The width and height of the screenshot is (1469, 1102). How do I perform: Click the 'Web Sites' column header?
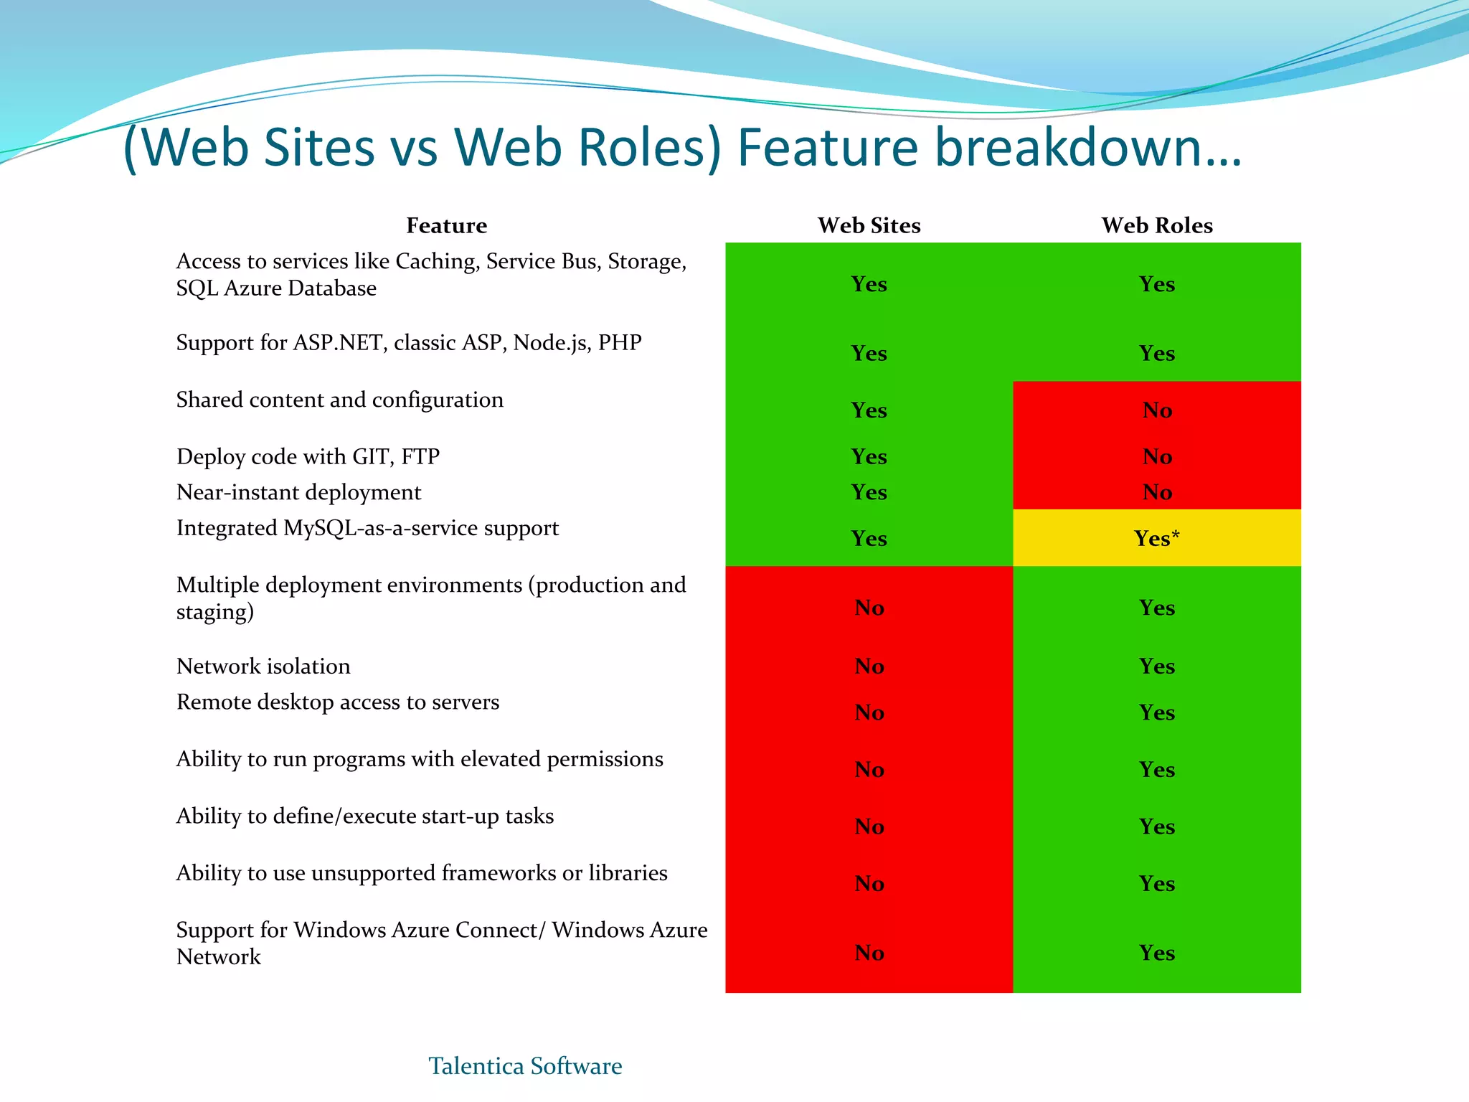tap(869, 225)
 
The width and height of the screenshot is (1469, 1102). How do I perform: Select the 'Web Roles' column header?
tap(1157, 225)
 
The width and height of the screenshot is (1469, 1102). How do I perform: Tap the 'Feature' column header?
tap(446, 225)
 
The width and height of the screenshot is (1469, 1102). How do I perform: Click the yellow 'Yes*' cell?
tap(1157, 538)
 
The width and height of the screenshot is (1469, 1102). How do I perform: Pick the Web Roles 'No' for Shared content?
tap(1157, 410)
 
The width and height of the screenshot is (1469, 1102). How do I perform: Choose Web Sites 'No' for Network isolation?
tap(869, 666)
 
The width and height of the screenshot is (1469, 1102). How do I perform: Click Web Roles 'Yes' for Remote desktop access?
tap(1157, 712)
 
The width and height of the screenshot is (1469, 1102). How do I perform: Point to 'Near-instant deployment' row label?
tap(298, 492)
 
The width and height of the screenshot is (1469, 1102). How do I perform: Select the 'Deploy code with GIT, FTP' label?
tap(308, 456)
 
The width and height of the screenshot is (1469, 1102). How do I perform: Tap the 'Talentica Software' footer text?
tap(525, 1066)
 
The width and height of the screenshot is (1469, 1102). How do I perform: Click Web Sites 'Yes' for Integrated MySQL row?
tap(869, 538)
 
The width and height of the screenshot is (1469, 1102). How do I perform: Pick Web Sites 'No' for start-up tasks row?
tap(869, 826)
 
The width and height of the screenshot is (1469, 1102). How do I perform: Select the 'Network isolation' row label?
tap(263, 666)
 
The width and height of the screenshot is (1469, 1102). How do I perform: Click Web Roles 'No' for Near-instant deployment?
tap(1157, 492)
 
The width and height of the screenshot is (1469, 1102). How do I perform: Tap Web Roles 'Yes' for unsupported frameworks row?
tap(1157, 883)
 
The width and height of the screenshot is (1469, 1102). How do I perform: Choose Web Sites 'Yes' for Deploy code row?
tap(869, 456)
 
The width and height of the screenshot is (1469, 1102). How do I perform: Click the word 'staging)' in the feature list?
tap(214, 612)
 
